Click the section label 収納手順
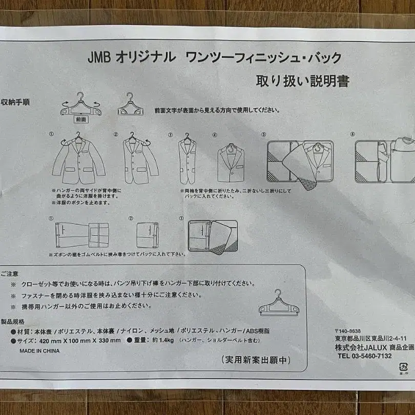(x=15, y=102)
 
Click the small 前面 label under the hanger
(x=81, y=119)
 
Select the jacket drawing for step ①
(x=78, y=160)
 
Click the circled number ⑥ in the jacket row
(x=352, y=134)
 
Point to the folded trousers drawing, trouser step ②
(x=147, y=235)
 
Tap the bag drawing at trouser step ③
(x=212, y=237)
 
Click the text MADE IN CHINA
(x=39, y=351)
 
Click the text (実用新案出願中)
(x=256, y=360)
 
